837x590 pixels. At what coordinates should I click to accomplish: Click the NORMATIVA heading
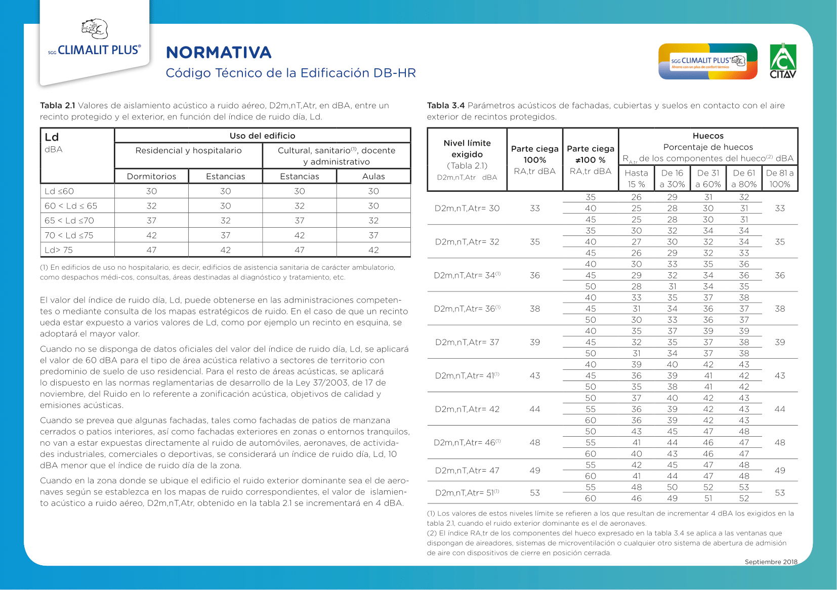point(219,53)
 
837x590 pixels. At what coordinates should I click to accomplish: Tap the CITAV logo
point(783,61)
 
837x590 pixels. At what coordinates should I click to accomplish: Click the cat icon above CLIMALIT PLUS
point(95,29)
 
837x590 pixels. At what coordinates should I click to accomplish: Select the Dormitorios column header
point(151,176)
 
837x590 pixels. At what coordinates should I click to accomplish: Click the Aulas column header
point(373,176)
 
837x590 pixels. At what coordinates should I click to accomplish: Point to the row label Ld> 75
point(59,250)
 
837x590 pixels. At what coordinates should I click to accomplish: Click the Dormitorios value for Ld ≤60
point(151,191)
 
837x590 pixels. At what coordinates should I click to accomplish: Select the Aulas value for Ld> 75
point(373,250)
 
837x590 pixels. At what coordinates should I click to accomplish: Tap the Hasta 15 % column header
point(636,179)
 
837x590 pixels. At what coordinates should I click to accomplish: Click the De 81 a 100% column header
point(780,179)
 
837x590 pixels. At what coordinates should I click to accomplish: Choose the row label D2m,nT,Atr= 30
point(467,208)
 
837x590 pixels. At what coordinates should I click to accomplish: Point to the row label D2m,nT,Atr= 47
point(467,471)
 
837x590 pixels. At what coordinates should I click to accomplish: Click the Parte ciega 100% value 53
point(535,493)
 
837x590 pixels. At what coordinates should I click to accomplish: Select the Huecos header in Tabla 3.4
point(708,136)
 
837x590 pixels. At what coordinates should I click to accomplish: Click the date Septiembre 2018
point(771,562)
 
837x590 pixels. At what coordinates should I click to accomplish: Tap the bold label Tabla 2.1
point(58,105)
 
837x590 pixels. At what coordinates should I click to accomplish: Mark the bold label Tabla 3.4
point(446,105)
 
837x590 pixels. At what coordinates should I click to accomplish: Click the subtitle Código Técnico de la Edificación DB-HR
point(290,73)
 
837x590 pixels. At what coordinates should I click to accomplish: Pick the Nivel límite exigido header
point(467,149)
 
